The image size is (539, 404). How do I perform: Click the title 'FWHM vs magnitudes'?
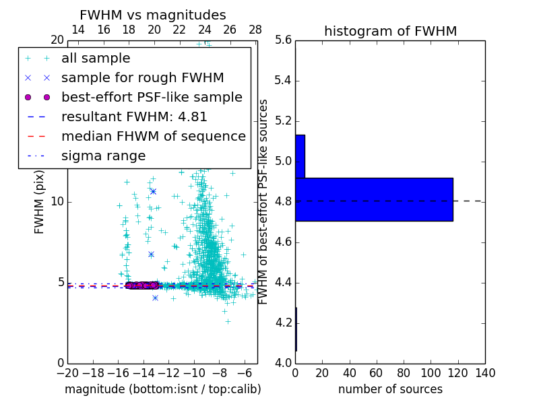[x=153, y=15]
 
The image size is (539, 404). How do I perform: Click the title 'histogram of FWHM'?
[x=390, y=31]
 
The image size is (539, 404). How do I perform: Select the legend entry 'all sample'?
[x=96, y=59]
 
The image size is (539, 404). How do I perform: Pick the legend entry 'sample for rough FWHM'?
[x=142, y=77]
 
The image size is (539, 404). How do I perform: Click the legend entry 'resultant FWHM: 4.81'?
[x=134, y=116]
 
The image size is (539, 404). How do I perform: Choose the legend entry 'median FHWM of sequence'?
[x=153, y=136]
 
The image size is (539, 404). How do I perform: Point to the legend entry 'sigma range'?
[x=103, y=156]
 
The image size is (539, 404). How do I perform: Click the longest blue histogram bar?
[x=374, y=199]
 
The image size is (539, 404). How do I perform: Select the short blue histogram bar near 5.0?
[x=300, y=156]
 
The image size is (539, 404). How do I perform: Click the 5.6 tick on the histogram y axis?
[x=283, y=40]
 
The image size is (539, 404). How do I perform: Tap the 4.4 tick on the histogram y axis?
[x=283, y=282]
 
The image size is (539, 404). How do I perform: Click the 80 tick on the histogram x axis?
[x=404, y=373]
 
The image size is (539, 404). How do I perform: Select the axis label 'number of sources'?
[x=390, y=389]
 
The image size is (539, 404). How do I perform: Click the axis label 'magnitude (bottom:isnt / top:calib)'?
[x=162, y=389]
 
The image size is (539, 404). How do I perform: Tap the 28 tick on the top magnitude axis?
[x=255, y=30]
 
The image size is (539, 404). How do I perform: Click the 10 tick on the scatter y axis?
[x=57, y=202]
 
